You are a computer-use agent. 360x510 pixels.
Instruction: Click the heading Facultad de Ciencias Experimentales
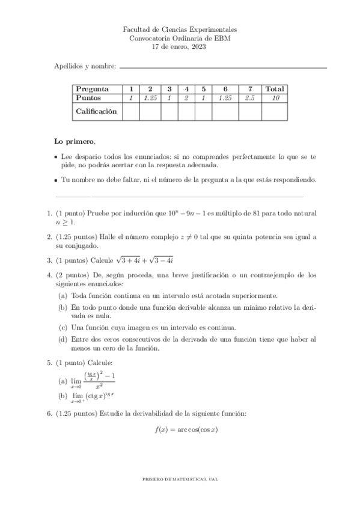coord(180,29)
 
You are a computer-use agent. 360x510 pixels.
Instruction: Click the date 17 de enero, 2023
coord(180,47)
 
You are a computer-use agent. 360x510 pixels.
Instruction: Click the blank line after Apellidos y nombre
coord(223,67)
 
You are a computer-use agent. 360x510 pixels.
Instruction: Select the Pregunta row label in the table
coord(93,89)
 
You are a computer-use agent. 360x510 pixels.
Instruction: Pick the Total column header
coord(275,89)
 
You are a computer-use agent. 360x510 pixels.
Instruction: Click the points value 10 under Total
coord(275,98)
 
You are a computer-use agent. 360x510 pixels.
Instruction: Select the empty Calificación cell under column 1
coord(131,111)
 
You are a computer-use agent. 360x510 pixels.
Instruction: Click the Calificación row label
coord(96,111)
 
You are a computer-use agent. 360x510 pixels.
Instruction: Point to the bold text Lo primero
coord(75,141)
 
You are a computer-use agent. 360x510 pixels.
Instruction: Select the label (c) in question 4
coord(63,328)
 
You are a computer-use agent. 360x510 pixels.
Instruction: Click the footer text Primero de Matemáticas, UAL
coord(180,479)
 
